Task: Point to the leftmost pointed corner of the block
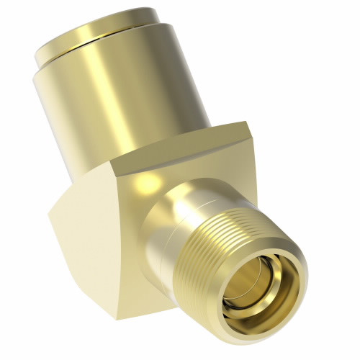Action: pyautogui.click(x=50, y=212)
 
